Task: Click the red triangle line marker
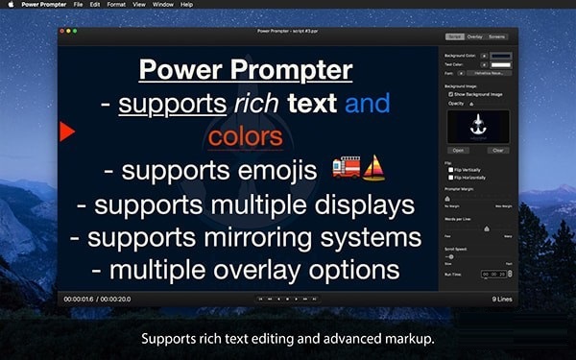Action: pos(66,132)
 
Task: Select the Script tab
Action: pos(454,36)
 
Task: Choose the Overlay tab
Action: pos(475,36)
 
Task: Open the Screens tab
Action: pos(496,36)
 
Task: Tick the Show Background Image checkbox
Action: pos(451,94)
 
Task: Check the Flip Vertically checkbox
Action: pos(451,169)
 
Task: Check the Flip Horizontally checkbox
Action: pos(451,177)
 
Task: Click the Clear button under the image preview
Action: pos(497,151)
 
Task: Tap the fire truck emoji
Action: pos(346,169)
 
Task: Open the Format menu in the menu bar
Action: pos(115,5)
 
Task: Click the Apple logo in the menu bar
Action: pos(11,5)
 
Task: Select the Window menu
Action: pos(163,5)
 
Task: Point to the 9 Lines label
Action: pos(502,300)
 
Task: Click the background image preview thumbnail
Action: pos(478,125)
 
